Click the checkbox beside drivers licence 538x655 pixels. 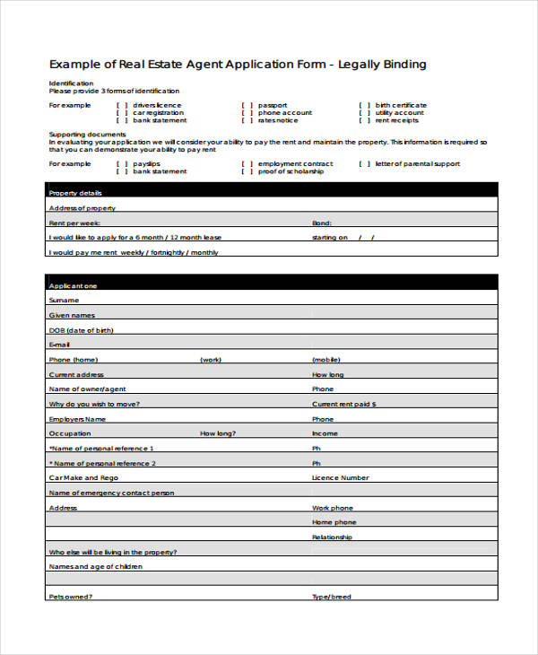[122, 105]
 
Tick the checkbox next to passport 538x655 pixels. [247, 105]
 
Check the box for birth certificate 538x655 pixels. [364, 105]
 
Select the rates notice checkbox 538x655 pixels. [247, 120]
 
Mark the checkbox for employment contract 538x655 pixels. [247, 164]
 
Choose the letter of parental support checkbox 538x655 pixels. [364, 164]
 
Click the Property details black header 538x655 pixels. [271, 192]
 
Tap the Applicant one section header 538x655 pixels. [271, 284]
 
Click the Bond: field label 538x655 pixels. [322, 223]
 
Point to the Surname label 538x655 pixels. [64, 300]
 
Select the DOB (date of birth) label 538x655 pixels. [82, 329]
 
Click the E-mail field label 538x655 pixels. [59, 345]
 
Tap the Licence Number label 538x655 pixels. [340, 478]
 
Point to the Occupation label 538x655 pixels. [69, 433]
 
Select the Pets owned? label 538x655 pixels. [71, 597]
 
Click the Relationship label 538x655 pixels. [332, 537]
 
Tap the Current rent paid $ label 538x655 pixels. [343, 404]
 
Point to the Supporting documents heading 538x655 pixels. [81, 134]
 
